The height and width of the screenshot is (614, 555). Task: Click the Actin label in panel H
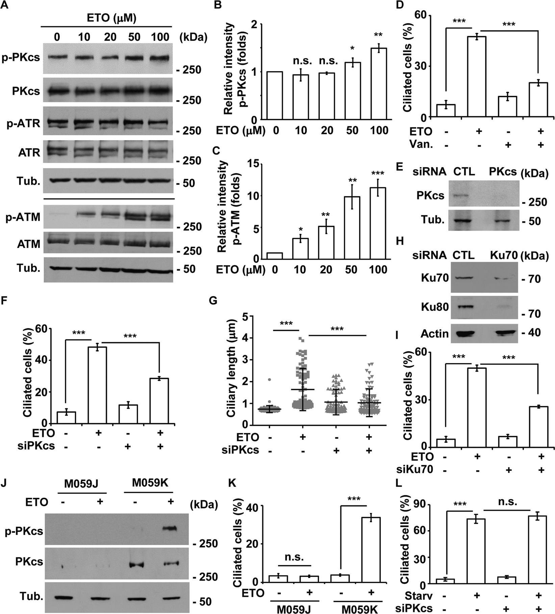[x=434, y=334]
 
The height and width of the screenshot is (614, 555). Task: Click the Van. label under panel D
[x=421, y=145]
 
